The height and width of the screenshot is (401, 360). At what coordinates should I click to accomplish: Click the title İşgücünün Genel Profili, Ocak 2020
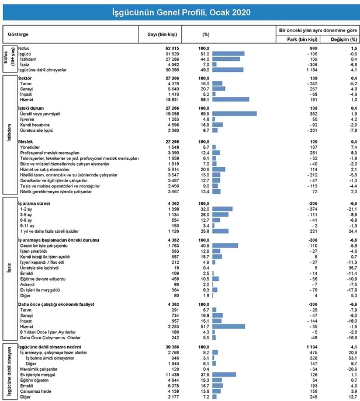tap(180, 12)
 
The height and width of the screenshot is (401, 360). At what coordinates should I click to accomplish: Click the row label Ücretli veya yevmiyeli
tap(40, 114)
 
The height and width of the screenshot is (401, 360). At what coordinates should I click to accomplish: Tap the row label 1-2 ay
tap(26, 208)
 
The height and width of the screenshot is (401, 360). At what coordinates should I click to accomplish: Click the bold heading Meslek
tap(25, 142)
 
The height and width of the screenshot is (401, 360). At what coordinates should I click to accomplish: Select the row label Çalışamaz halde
tap(35, 391)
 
